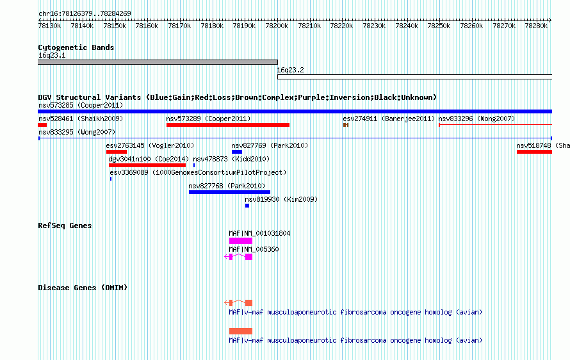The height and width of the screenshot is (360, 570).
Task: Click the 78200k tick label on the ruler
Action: pos(277,26)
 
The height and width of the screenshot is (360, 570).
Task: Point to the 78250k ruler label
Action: pos(439,26)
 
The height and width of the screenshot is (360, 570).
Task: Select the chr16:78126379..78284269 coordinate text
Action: pos(85,14)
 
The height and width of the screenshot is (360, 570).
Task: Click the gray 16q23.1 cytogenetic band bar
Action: pos(158,62)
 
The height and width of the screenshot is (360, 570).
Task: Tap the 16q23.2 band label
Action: pos(291,70)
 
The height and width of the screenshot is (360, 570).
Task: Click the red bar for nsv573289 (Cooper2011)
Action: pos(228,125)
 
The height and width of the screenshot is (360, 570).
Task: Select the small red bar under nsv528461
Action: pos(42,125)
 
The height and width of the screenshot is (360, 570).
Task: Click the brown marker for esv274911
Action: pos(346,125)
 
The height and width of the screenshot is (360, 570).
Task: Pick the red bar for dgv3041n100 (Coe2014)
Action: pos(147,165)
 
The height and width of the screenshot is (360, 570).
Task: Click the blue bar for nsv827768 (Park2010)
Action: pos(229,192)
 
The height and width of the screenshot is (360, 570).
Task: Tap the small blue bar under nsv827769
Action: pos(237,152)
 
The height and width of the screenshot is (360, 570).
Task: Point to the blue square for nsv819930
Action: pos(247,206)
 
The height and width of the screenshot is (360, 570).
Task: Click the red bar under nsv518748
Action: pos(534,152)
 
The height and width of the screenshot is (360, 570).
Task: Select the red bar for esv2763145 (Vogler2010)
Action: pos(117,152)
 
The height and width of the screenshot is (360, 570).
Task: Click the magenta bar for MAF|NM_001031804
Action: pos(241,241)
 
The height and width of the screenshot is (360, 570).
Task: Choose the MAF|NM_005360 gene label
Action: pos(254,249)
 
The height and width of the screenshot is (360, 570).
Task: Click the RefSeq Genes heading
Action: pos(65,225)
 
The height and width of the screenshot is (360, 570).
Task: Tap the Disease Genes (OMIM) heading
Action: pos(83,288)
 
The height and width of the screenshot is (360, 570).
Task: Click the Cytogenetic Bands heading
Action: pos(76,47)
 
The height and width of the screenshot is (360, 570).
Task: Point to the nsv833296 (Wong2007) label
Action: pos(476,119)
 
